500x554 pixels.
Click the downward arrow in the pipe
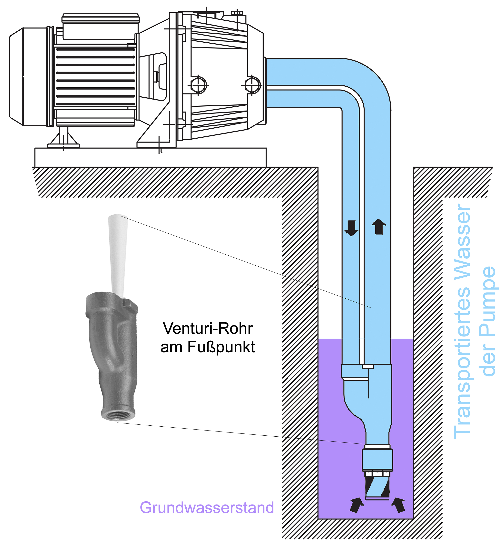(x=351, y=228)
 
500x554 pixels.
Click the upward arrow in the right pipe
(x=379, y=227)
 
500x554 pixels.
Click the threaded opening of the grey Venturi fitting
(x=119, y=414)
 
